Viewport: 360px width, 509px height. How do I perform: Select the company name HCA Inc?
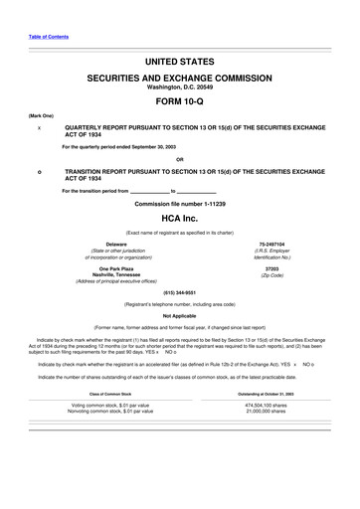[179, 216]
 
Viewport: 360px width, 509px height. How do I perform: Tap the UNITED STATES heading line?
[179, 62]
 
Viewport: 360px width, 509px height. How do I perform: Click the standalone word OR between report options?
[179, 159]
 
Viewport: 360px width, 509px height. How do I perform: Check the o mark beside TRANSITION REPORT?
[39, 171]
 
